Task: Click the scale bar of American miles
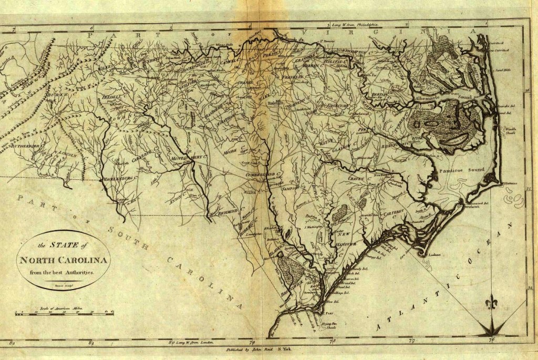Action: click(x=64, y=312)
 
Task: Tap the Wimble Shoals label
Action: click(x=510, y=129)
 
